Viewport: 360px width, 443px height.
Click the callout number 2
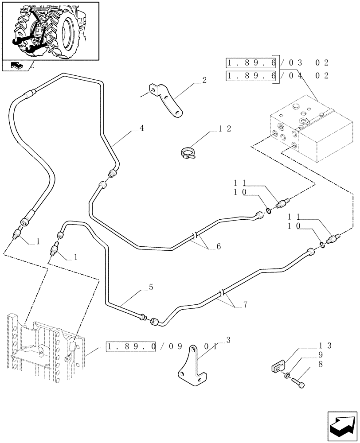[x=204, y=80]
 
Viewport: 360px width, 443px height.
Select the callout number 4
[x=141, y=128]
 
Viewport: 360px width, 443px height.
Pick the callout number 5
[x=151, y=288]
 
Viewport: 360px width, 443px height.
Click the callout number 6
[x=218, y=247]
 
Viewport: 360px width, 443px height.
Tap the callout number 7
[x=245, y=304]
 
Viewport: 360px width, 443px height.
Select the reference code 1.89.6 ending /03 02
[x=251, y=63]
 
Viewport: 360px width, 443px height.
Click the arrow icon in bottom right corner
[x=341, y=425]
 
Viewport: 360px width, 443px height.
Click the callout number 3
[x=228, y=340]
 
